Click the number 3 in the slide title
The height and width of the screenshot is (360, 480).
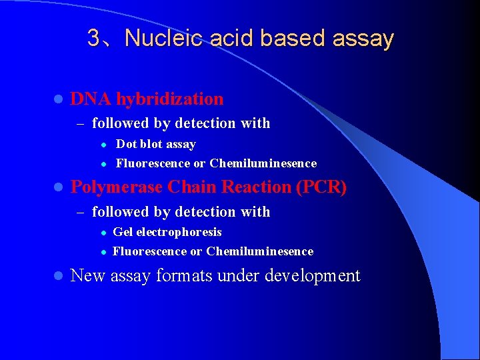(x=94, y=39)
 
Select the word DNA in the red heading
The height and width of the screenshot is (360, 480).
(x=91, y=99)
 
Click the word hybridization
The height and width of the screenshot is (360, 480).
(x=169, y=99)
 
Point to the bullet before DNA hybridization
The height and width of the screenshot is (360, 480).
(x=57, y=99)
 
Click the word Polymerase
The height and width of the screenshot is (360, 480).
(x=117, y=187)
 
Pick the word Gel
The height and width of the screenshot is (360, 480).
(x=122, y=232)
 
